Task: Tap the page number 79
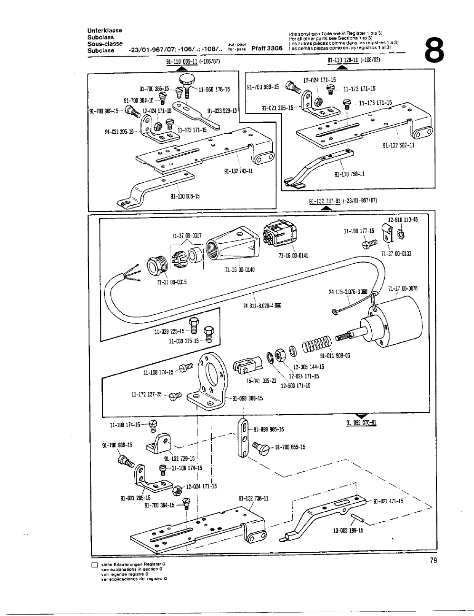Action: [x=432, y=561]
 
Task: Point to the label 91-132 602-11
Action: [x=398, y=145]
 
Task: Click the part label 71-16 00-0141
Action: [x=293, y=256]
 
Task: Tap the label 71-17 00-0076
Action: [x=403, y=288]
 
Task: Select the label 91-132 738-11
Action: [x=253, y=498]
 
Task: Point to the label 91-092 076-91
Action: [x=361, y=422]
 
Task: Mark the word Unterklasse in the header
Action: [x=105, y=30]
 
